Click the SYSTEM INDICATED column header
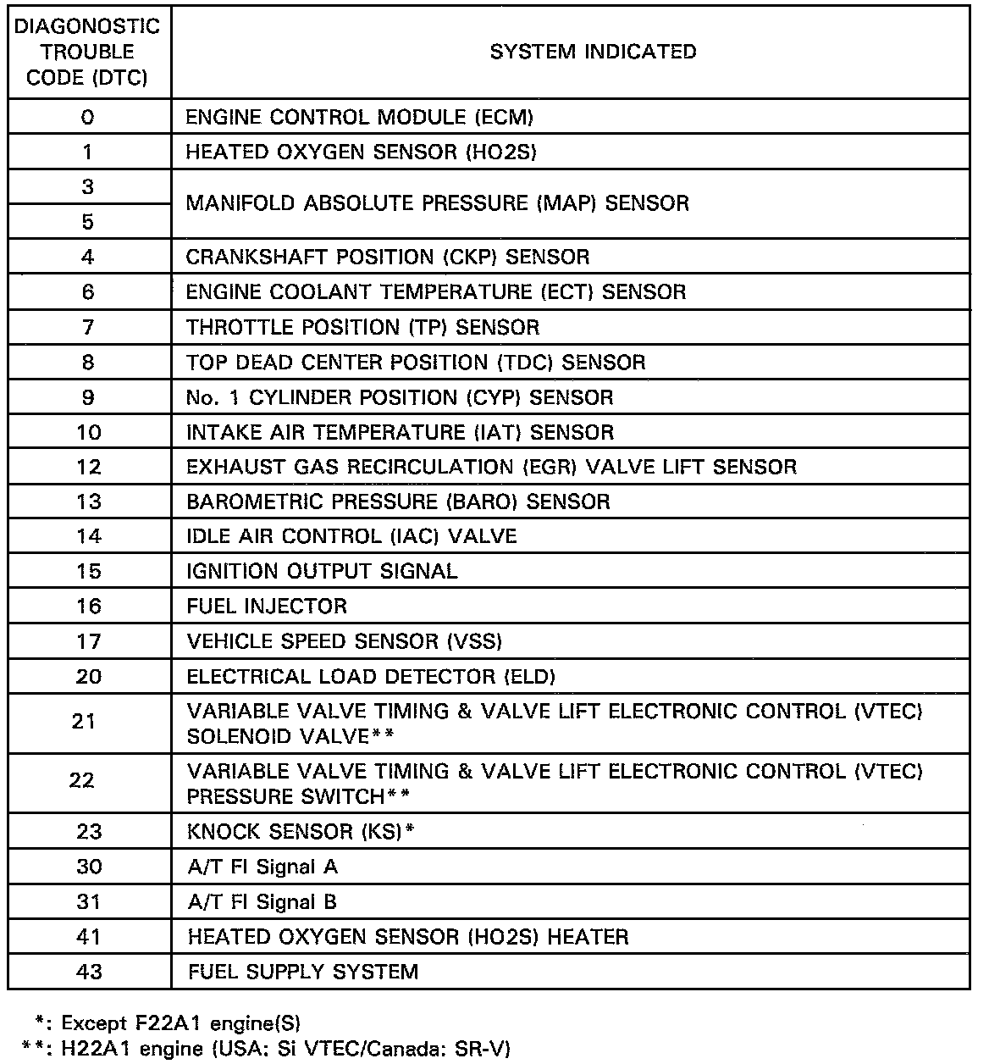pos(593,52)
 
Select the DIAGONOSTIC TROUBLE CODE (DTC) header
pos(87,52)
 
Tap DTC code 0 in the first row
pos(87,117)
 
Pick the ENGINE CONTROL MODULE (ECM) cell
pos(360,117)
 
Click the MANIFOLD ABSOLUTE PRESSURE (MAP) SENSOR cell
pos(438,203)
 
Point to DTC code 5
pos(87,222)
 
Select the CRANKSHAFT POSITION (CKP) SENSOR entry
pos(388,257)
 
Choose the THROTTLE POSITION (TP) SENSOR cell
pos(362,327)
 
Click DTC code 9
pos(87,397)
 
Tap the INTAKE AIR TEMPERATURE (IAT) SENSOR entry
pos(400,432)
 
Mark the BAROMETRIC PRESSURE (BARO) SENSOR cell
pos(398,502)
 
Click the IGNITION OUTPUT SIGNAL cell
pos(322,571)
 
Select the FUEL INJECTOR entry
pos(267,607)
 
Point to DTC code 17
pos(88,641)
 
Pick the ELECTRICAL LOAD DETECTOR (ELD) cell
pos(371,677)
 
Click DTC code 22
pos(82,780)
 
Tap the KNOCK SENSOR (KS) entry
pos(301,832)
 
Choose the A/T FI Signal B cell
pos(262,902)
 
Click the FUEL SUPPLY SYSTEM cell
pos(303,972)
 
